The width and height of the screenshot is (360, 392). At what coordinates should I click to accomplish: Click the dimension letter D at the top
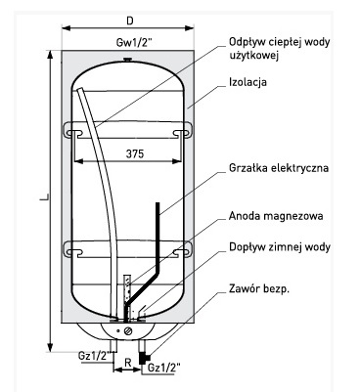(130, 21)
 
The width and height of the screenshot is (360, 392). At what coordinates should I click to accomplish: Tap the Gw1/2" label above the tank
(134, 43)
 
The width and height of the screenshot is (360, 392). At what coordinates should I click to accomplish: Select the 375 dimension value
(135, 153)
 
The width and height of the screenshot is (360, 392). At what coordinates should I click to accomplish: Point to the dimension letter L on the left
(44, 196)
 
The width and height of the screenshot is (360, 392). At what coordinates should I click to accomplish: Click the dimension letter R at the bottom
(128, 363)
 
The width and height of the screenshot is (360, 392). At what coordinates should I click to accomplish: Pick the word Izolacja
(247, 82)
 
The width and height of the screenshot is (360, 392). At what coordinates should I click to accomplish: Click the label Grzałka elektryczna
(279, 168)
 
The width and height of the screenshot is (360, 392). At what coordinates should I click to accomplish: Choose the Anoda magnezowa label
(276, 216)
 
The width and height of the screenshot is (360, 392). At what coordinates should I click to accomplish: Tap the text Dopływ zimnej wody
(280, 246)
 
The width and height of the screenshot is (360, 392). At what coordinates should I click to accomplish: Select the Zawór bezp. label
(259, 288)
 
